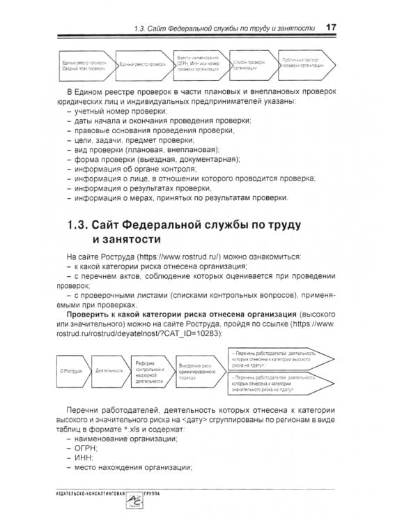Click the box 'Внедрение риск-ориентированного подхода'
pyautogui.click(x=198, y=371)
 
